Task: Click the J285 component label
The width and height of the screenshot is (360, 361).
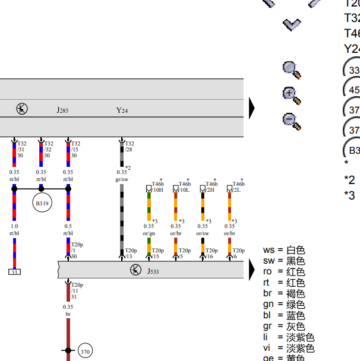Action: click(62, 110)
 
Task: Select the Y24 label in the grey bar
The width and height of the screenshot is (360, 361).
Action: click(122, 110)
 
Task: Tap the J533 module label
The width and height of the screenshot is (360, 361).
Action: click(153, 271)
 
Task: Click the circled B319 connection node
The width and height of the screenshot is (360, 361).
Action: click(41, 203)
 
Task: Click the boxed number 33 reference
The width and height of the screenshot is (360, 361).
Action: click(14, 272)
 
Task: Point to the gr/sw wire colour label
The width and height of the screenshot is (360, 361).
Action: click(122, 179)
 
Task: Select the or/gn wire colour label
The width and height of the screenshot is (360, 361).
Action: click(149, 233)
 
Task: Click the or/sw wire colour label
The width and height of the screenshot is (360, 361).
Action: click(203, 233)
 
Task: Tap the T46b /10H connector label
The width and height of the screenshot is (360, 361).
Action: click(157, 187)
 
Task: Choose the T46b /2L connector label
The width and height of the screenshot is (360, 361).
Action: click(238, 187)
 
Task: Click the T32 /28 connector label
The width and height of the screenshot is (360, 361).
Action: click(130, 146)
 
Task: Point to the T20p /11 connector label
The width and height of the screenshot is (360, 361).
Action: click(76, 291)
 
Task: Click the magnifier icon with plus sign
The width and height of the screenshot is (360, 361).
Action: click(291, 95)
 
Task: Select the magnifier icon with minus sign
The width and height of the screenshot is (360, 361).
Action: click(291, 121)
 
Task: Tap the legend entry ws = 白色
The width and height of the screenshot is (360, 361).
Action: click(284, 251)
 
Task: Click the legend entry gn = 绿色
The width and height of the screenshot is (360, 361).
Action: click(284, 305)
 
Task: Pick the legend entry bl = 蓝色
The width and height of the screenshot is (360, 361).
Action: click(284, 315)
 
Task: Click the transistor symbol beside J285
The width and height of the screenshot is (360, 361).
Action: click(22, 109)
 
